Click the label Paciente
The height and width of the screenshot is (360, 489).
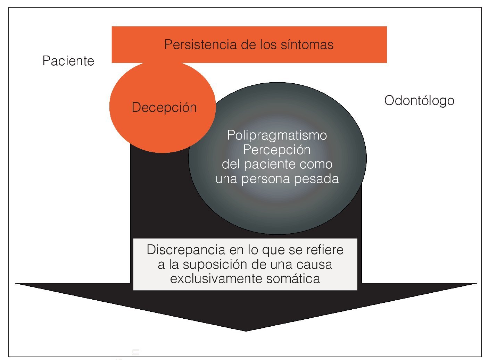point(68,61)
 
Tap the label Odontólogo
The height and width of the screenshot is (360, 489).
point(419,101)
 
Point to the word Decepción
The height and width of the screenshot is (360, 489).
point(164,108)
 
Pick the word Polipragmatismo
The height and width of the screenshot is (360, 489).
point(277,135)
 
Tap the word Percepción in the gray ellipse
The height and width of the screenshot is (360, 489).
point(277,150)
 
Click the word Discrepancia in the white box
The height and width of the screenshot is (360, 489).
point(186,250)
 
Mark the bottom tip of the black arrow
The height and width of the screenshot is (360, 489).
point(246,330)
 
